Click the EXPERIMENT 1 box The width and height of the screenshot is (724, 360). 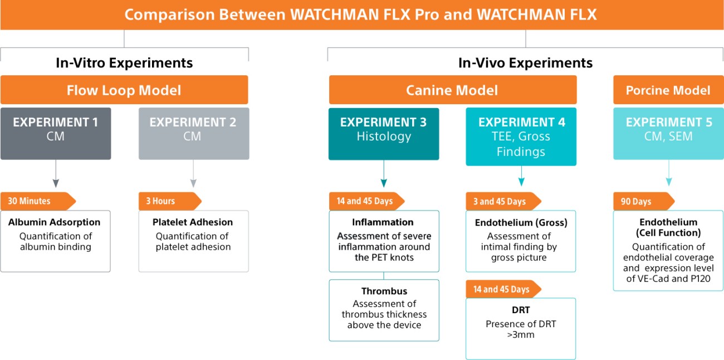click(55, 133)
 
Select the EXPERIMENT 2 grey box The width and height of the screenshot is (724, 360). click(193, 133)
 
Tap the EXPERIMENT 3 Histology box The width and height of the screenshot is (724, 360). click(383, 133)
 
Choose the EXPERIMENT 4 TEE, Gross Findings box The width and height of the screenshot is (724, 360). click(521, 137)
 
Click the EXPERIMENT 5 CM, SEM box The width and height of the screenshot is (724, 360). click(668, 133)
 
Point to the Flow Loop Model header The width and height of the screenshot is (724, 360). click(124, 90)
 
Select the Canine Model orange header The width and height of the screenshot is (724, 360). click(452, 90)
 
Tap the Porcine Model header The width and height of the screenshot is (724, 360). click(668, 90)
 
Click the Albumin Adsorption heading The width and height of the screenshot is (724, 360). click(55, 222)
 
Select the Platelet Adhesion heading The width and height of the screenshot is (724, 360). click(193, 222)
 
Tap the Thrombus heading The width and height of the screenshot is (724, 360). click(384, 291)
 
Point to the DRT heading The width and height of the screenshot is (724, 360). click(521, 310)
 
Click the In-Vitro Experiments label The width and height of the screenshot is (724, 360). click(124, 63)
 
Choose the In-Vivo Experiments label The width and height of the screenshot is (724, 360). click(525, 63)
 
